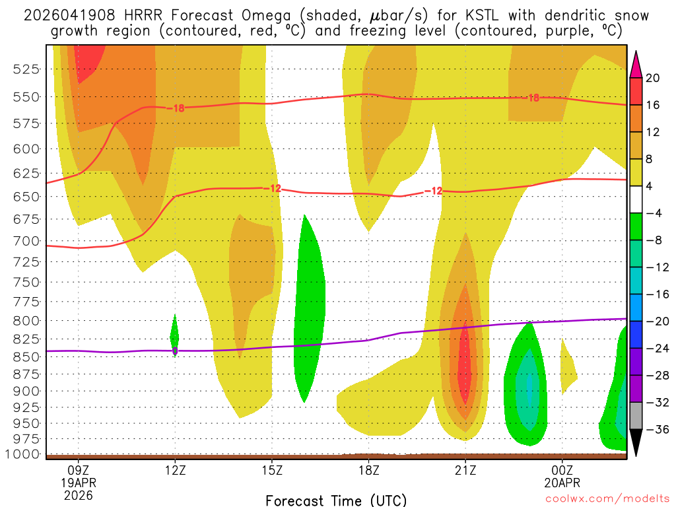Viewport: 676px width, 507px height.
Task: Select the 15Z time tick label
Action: (x=272, y=470)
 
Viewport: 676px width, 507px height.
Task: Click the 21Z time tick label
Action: (x=465, y=470)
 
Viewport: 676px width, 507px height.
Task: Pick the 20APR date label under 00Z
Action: (x=562, y=483)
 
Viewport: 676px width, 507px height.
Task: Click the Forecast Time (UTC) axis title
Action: (x=337, y=500)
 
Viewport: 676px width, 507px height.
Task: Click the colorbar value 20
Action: (x=653, y=78)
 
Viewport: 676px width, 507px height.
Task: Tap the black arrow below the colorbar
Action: (x=636, y=443)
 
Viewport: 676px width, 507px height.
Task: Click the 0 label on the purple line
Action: (x=175, y=351)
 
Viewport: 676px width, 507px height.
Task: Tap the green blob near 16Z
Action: (x=308, y=310)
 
